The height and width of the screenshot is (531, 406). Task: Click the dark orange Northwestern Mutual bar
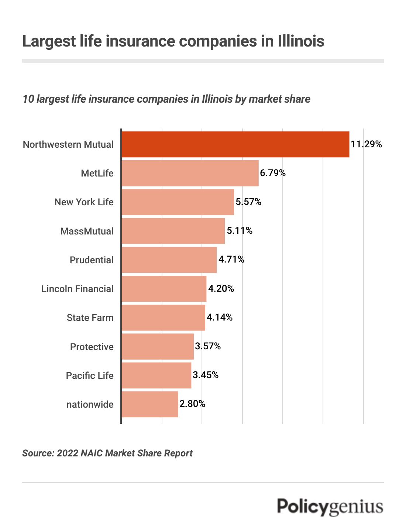click(235, 144)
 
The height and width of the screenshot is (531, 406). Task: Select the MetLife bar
click(190, 173)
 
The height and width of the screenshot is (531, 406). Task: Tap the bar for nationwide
click(150, 404)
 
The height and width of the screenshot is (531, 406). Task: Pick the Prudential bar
click(169, 260)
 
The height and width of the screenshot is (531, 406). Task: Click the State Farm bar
click(163, 318)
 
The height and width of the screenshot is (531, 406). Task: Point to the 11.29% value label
click(366, 144)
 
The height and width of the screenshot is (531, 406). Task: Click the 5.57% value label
click(248, 202)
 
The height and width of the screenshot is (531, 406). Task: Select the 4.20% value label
click(221, 289)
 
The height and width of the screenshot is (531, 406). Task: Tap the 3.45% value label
click(206, 375)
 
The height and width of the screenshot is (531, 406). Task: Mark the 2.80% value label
click(192, 404)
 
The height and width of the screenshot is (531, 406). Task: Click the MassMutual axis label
click(87, 231)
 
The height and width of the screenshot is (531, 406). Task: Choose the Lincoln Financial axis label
click(77, 289)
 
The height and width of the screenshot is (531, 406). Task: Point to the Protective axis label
click(92, 347)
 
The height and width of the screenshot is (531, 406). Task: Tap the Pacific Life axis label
click(90, 376)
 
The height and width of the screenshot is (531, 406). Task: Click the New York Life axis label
click(84, 202)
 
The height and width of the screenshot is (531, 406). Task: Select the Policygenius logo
click(330, 507)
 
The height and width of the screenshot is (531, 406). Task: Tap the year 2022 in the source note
click(67, 453)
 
